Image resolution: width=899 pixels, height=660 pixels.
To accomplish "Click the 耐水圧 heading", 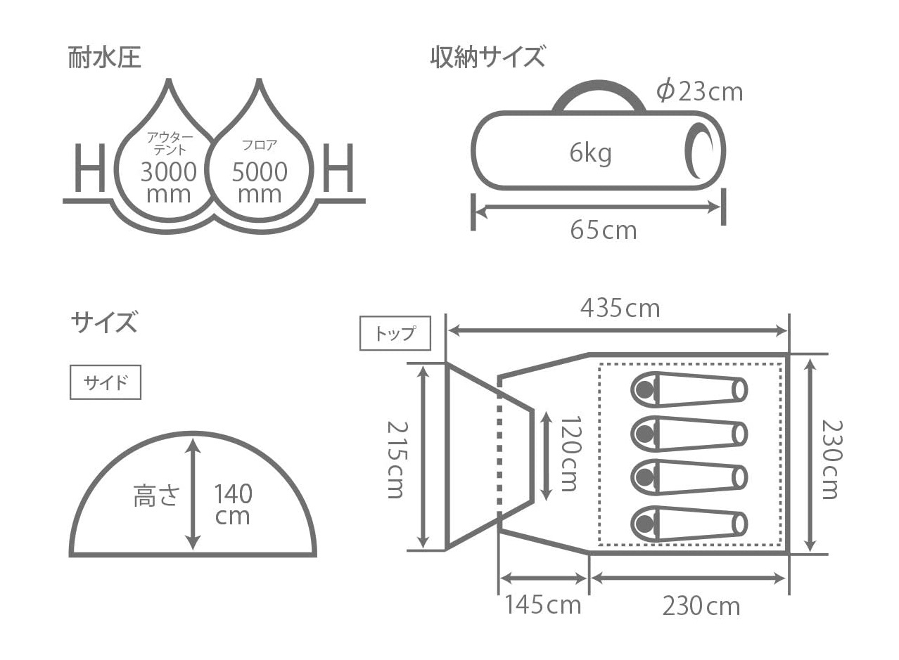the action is pyautogui.click(x=104, y=58).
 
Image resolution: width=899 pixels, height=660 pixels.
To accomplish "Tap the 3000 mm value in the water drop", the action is pyautogui.click(x=169, y=183).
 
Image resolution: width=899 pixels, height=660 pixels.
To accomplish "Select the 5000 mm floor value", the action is pyautogui.click(x=260, y=183).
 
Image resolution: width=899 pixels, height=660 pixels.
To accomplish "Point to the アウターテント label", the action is pyautogui.click(x=170, y=143).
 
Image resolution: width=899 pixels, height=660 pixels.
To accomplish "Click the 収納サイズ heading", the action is pyautogui.click(x=487, y=58).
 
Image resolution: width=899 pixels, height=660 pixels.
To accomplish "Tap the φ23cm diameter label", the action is pyautogui.click(x=699, y=92).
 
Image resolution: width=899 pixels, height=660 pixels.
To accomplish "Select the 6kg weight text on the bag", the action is pyautogui.click(x=590, y=153).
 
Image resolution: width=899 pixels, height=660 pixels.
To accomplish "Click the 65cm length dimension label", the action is pyautogui.click(x=604, y=231).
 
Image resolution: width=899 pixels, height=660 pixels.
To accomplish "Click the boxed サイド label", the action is pyautogui.click(x=106, y=382).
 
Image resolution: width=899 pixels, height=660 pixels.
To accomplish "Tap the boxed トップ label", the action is pyautogui.click(x=395, y=333).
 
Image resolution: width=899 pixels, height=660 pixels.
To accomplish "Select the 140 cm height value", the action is pyautogui.click(x=233, y=505).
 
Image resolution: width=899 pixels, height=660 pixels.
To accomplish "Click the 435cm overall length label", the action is pyautogui.click(x=620, y=309).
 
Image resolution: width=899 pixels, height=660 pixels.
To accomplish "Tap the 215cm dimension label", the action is pyautogui.click(x=397, y=460).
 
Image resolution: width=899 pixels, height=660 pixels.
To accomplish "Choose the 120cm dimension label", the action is pyautogui.click(x=570, y=453).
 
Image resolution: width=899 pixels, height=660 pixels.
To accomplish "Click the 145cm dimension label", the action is pyautogui.click(x=542, y=604).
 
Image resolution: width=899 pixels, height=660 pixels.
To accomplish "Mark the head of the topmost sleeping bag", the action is pyautogui.click(x=644, y=389).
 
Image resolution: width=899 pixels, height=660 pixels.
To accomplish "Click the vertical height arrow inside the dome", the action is pyautogui.click(x=193, y=494).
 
